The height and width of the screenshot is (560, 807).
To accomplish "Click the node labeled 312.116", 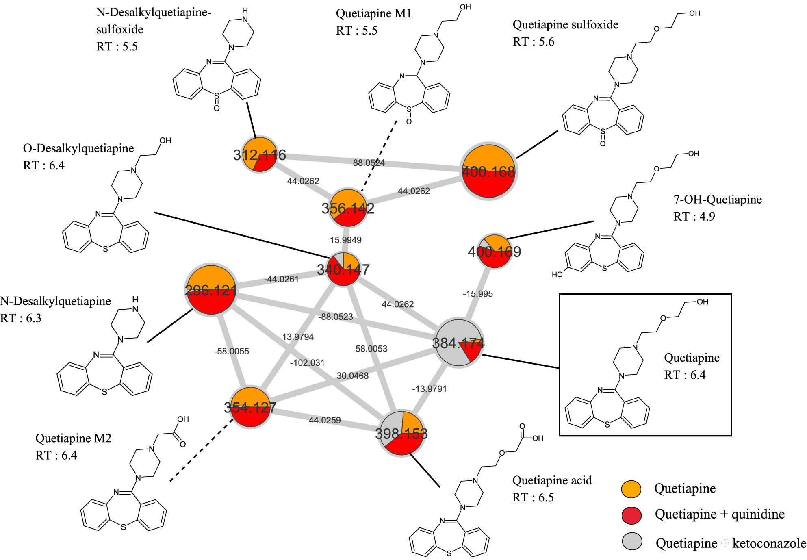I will [x=259, y=155].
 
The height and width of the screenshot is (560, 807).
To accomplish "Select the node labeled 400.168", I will [x=489, y=171].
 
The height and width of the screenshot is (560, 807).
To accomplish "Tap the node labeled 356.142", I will [x=348, y=208].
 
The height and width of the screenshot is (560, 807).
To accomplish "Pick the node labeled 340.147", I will [x=343, y=269].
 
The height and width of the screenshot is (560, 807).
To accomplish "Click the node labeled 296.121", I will [x=211, y=290].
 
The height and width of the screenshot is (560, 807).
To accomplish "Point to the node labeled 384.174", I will [x=458, y=343].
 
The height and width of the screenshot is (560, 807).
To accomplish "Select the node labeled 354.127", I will [x=250, y=407].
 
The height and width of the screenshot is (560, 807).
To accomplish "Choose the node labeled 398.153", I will [x=401, y=433].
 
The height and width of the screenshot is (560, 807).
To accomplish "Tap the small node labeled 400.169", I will [x=495, y=251].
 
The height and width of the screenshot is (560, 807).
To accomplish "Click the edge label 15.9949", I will [x=345, y=240].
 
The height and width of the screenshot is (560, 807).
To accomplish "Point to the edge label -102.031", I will [x=307, y=362].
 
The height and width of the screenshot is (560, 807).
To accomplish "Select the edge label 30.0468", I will [x=352, y=376].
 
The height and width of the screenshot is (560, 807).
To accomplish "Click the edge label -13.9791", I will [x=429, y=389].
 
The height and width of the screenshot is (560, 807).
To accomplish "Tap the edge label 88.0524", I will [x=369, y=163].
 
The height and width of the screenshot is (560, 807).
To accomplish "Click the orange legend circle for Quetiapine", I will [x=631, y=489].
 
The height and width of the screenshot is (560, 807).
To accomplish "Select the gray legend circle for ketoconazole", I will [x=632, y=541].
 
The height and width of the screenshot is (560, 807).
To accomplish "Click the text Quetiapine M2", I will [x=73, y=438].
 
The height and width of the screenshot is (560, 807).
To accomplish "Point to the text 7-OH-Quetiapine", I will [x=718, y=199].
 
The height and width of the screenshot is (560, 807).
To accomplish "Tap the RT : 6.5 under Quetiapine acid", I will [x=533, y=497].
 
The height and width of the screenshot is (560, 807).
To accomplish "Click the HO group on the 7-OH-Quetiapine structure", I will [x=557, y=274].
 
